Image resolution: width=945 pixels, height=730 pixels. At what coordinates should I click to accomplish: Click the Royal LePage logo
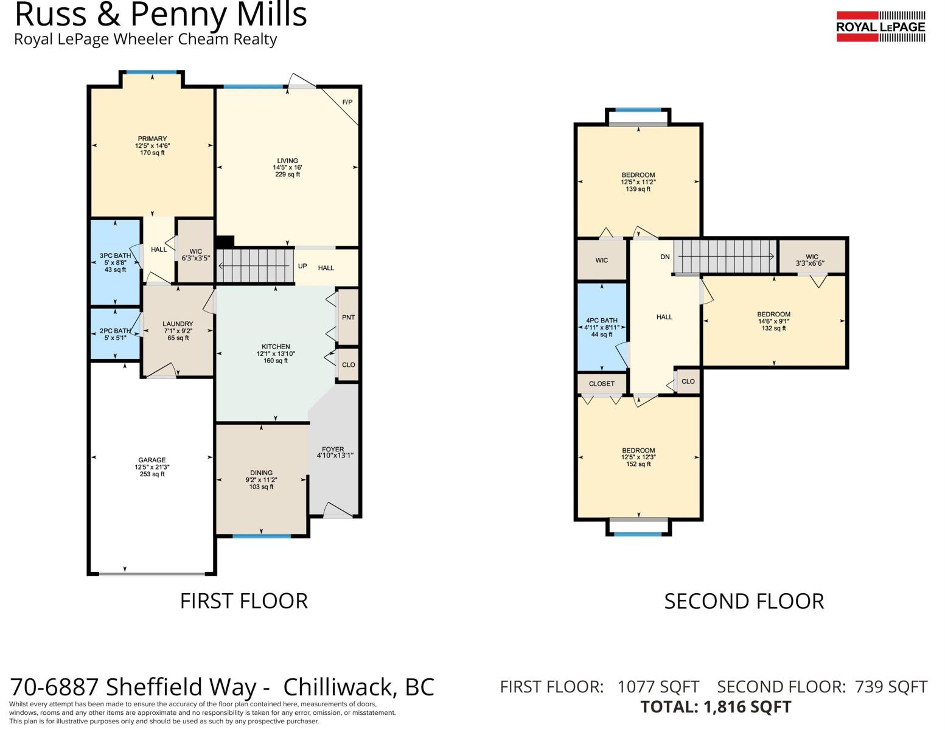tap(880, 27)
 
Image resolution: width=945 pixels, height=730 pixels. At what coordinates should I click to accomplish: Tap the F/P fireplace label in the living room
tap(347, 102)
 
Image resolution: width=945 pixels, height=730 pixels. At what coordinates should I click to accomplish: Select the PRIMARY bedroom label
tap(152, 139)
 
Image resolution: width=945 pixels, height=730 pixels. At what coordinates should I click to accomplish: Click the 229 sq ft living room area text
tap(287, 175)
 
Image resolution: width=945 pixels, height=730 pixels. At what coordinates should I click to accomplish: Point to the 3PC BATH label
tap(115, 255)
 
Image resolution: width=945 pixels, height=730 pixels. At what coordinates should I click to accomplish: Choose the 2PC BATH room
tap(115, 335)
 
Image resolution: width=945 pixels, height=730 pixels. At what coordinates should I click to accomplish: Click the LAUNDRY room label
tap(178, 324)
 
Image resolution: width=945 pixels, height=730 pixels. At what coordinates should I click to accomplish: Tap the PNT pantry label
tap(348, 318)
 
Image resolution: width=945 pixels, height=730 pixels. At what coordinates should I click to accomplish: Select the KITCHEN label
tap(276, 347)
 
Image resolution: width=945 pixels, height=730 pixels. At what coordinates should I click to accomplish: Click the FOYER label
tap(333, 449)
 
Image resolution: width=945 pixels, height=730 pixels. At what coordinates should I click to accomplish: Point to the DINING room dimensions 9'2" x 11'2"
tap(262, 480)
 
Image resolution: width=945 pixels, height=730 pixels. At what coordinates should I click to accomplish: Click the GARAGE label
tap(152, 460)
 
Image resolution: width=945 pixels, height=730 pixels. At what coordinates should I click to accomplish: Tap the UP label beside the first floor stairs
tap(302, 266)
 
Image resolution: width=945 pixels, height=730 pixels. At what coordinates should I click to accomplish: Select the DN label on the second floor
tap(665, 257)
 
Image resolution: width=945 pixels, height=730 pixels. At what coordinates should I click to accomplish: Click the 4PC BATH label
tap(602, 321)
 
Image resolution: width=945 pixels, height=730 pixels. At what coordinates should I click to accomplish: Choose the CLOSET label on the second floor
tap(602, 384)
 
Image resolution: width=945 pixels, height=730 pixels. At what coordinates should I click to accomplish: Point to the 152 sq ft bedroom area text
tap(638, 464)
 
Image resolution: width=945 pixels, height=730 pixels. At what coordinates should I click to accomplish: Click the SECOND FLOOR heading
tap(744, 601)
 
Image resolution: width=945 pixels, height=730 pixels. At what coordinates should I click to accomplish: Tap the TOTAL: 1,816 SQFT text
tap(716, 707)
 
